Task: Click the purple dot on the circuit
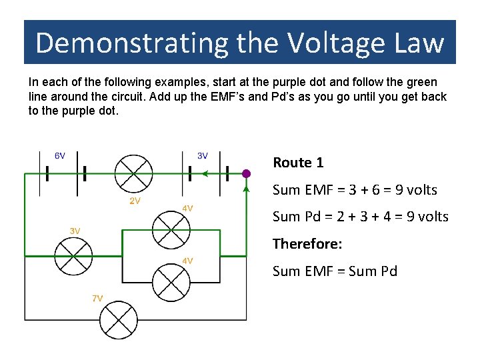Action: (246, 173)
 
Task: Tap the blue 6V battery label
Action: (59, 156)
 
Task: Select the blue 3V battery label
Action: (203, 156)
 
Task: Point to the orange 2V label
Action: (135, 201)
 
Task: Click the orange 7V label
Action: (97, 298)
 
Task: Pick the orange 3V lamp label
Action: (75, 231)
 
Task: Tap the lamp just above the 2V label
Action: (133, 173)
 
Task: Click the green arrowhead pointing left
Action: (205, 174)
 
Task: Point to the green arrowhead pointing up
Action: (246, 189)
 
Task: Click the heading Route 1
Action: (298, 163)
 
